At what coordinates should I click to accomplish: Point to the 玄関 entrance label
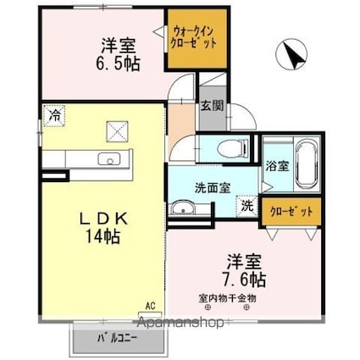pyautogui.click(x=212, y=106)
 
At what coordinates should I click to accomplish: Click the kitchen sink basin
pyautogui.click(x=109, y=158)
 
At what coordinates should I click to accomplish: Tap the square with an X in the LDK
pyautogui.click(x=116, y=130)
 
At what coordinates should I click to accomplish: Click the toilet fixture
pyautogui.click(x=230, y=149)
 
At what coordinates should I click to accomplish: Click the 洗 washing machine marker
pyautogui.click(x=246, y=204)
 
